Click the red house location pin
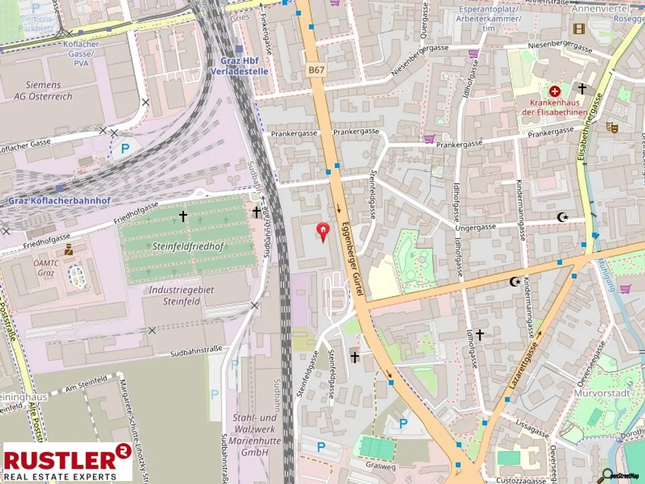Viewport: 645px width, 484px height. coord(322,231)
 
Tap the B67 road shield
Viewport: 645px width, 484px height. coord(316,70)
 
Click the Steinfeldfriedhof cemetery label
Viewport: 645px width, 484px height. coord(188,246)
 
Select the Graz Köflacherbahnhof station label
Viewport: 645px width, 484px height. coord(60,200)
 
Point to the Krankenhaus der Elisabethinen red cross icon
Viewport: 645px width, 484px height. coord(555,91)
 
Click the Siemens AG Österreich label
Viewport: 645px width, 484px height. coord(43,90)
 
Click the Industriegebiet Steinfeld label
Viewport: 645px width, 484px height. coord(181,295)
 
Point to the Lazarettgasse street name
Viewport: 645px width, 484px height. coord(523,365)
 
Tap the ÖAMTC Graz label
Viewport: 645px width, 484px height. coord(46,268)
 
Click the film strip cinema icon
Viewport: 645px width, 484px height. coord(579,28)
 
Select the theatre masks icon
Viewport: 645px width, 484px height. coord(612,127)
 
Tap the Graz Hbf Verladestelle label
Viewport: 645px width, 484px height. coord(239,66)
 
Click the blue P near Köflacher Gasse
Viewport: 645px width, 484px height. coord(125,148)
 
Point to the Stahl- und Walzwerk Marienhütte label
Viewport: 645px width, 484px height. coord(255,435)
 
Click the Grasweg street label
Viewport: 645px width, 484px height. coord(380,465)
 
